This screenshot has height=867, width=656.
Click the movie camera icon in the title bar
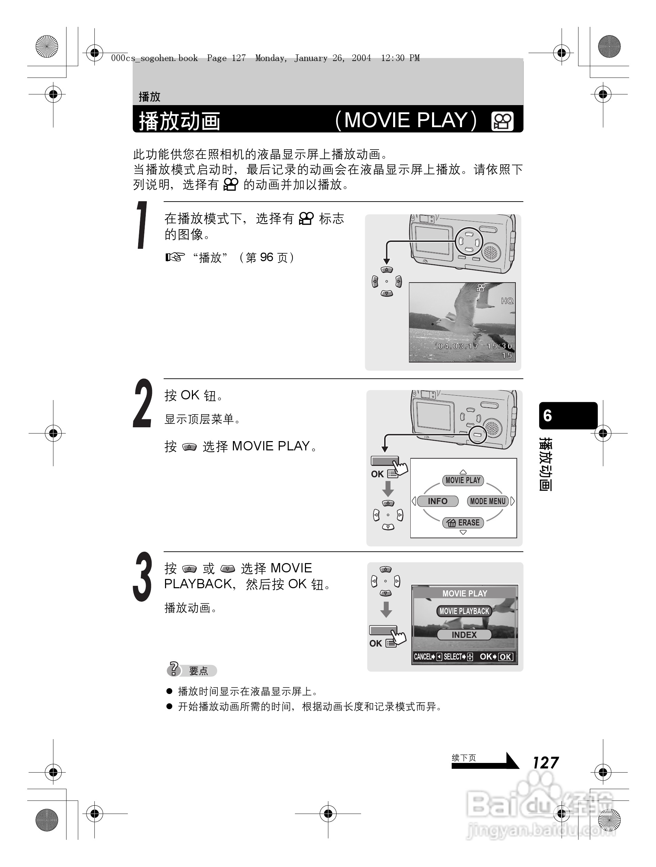tap(502, 121)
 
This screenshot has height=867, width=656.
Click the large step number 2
tap(142, 404)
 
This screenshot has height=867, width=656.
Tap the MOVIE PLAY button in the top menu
tap(463, 480)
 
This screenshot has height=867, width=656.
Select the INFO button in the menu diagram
tap(437, 501)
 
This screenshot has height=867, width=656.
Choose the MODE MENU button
tap(488, 501)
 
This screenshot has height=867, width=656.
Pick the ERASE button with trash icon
tap(463, 522)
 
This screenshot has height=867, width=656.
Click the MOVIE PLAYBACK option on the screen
tap(464, 611)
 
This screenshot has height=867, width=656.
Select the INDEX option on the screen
tap(464, 635)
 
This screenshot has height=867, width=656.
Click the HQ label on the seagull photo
tap(507, 300)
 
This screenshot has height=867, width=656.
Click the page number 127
tap(545, 763)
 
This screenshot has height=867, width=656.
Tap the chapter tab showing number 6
tap(568, 416)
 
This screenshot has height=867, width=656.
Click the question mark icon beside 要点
tap(173, 669)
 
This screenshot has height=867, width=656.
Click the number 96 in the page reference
tap(266, 257)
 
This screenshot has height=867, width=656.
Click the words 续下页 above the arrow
tap(464, 758)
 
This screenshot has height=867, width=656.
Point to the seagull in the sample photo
tap(462, 314)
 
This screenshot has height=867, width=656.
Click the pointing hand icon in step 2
tap(400, 468)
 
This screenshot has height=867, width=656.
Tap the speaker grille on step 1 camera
tap(491, 252)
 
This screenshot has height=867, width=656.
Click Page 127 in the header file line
tap(226, 58)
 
